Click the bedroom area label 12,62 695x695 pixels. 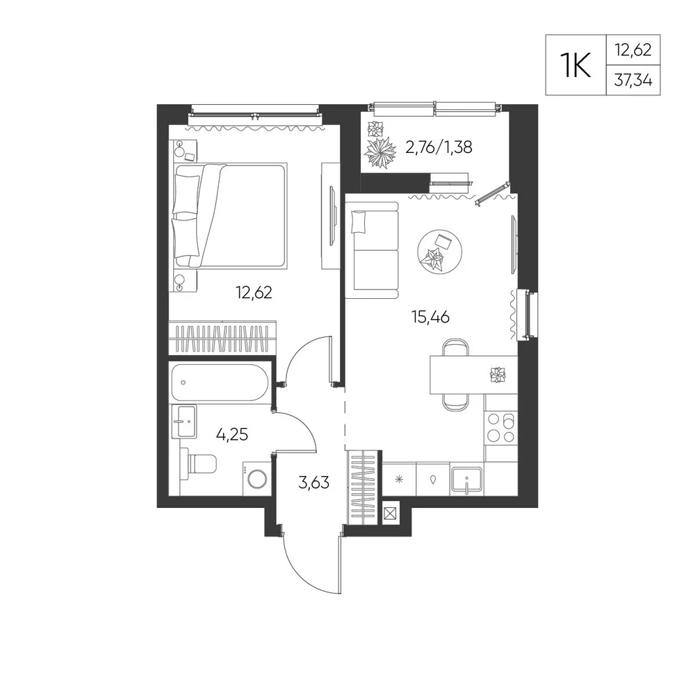[254, 293]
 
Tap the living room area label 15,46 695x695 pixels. [430, 317]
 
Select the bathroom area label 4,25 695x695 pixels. [232, 435]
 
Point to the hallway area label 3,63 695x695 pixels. [314, 482]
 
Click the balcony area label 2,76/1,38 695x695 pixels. [439, 147]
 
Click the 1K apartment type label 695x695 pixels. [575, 65]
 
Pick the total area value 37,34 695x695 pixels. [633, 80]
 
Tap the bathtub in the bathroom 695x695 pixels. [220, 382]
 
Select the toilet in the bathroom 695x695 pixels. [198, 464]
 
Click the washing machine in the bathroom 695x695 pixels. [256, 479]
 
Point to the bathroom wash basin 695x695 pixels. [183, 421]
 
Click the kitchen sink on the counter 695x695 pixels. [467, 480]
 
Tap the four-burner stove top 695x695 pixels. [501, 427]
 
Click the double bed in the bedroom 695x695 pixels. [231, 216]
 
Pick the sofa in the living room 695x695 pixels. [372, 250]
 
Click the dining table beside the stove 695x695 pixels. [473, 375]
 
